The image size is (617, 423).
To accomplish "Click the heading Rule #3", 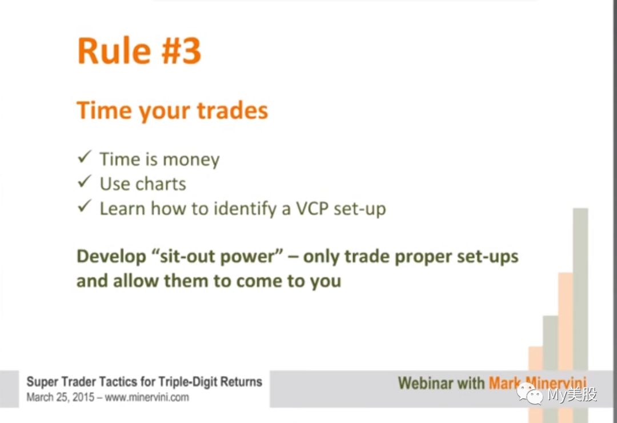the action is pyautogui.click(x=139, y=51).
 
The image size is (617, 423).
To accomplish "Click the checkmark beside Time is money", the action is pyautogui.click(x=85, y=157).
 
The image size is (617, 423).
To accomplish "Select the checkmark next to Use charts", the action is pyautogui.click(x=85, y=182).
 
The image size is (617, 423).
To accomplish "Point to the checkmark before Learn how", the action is pyautogui.click(x=85, y=206).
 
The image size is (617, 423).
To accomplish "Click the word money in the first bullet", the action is pyautogui.click(x=191, y=160).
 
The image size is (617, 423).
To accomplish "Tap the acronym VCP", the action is pyautogui.click(x=312, y=208).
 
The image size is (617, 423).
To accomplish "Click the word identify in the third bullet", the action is pyautogui.click(x=244, y=209).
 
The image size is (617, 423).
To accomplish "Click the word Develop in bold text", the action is pyautogui.click(x=111, y=257).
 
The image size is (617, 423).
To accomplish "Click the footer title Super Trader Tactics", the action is pyautogui.click(x=144, y=382).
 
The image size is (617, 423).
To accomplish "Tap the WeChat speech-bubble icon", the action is pyautogui.click(x=529, y=394).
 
